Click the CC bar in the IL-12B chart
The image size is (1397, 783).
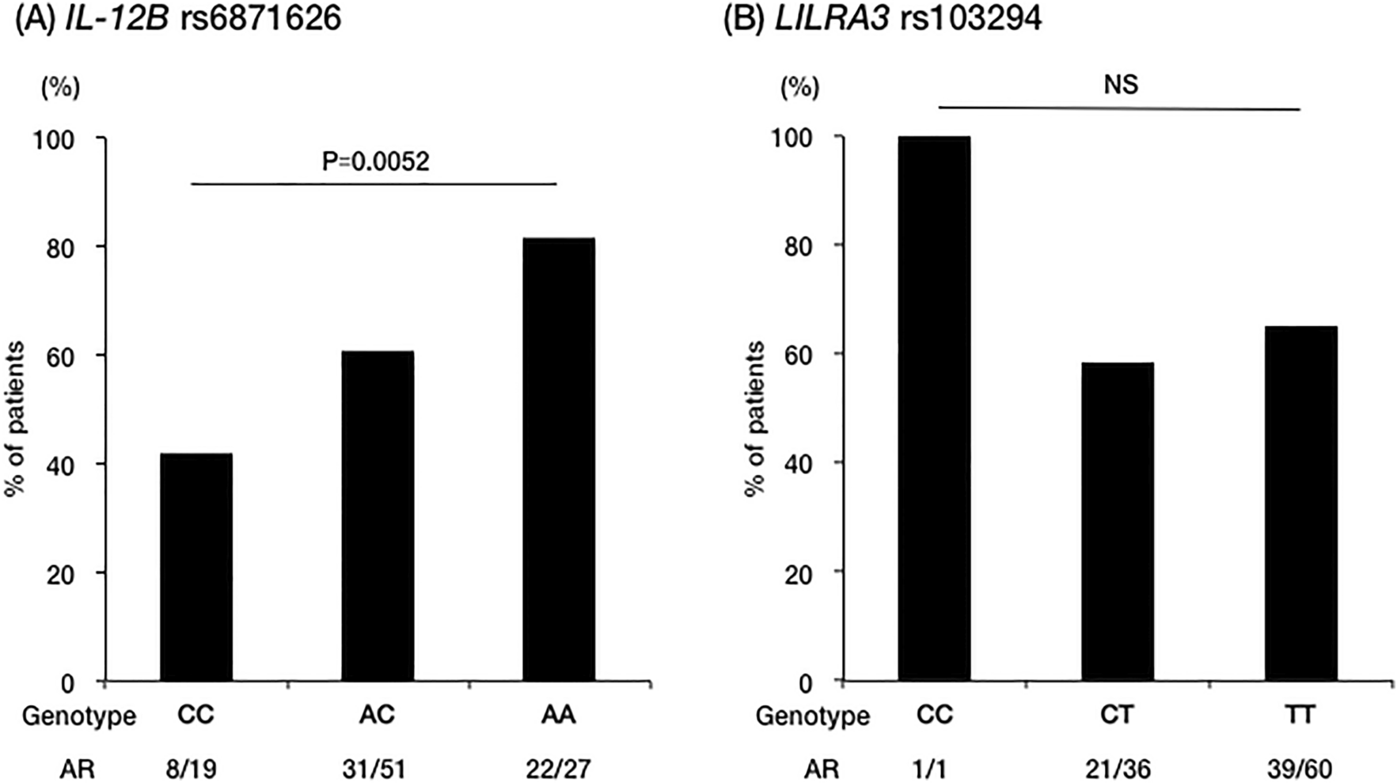click(196, 567)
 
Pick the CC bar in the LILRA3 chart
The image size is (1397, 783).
click(934, 409)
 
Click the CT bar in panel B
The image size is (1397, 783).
click(1117, 522)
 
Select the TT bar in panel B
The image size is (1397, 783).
click(1300, 504)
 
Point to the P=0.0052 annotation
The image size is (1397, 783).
click(375, 162)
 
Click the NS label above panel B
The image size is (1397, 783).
click(1120, 84)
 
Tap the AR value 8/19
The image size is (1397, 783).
click(191, 768)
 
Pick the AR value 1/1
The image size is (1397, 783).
click(934, 768)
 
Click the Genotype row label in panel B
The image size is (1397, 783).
click(812, 716)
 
